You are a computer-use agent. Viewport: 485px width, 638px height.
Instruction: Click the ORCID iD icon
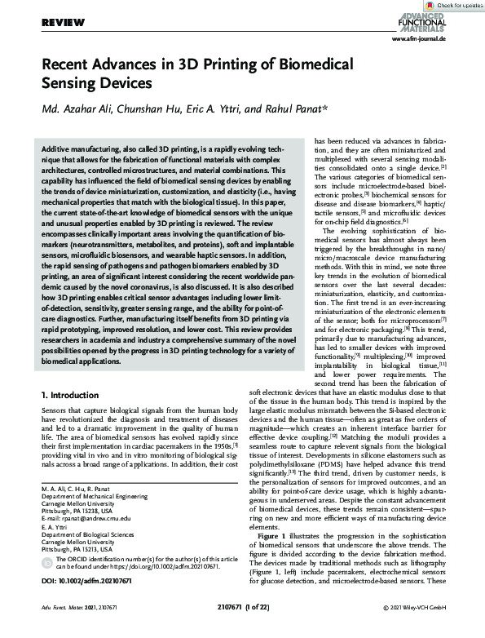click(47, 564)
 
